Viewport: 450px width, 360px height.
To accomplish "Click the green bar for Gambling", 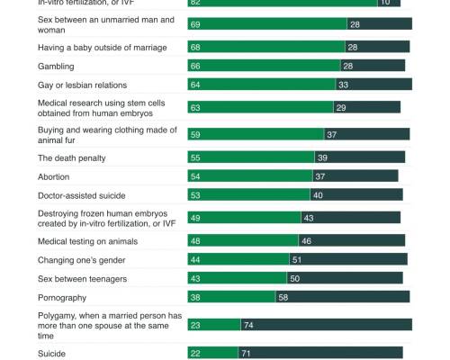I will pyautogui.click(x=264, y=65).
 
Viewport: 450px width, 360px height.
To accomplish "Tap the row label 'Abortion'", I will pyautogui.click(x=53, y=177).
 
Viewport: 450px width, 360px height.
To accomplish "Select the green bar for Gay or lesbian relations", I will pyautogui.click(x=260, y=84).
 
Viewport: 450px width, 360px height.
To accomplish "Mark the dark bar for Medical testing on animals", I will pyautogui.click(x=351, y=241).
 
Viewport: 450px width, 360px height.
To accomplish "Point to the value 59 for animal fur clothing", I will pyautogui.click(x=196, y=134).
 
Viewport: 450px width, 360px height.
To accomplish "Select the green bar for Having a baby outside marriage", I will pyautogui.click(x=266, y=46).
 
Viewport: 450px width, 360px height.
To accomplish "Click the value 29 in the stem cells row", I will pyautogui.click(x=340, y=108).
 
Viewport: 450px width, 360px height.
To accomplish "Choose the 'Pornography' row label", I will pyautogui.click(x=62, y=297).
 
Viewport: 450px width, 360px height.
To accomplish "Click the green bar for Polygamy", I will pyautogui.click(x=213, y=325).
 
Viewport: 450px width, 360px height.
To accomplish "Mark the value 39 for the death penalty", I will pyautogui.click(x=322, y=157).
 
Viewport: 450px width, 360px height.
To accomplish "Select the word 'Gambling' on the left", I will pyautogui.click(x=55, y=66).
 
